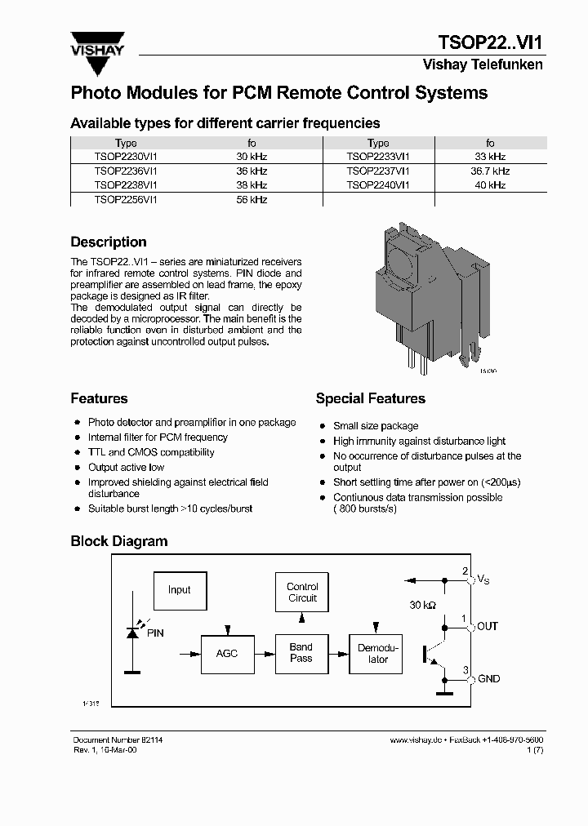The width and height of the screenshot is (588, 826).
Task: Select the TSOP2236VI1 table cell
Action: click(x=126, y=171)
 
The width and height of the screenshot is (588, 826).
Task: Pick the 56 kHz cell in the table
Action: click(x=252, y=199)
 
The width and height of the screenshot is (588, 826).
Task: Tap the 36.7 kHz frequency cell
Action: click(x=490, y=171)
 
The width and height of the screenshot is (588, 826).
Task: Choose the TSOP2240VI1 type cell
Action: click(x=378, y=185)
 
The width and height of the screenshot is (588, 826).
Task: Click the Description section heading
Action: click(x=109, y=242)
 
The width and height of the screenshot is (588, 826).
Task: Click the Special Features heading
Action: click(x=370, y=399)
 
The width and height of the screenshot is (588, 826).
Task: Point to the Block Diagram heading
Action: click(x=119, y=541)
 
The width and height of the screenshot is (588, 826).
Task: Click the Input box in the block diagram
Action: click(x=180, y=590)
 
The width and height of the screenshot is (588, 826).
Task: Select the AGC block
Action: click(x=227, y=654)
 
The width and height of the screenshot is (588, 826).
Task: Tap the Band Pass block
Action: click(x=301, y=653)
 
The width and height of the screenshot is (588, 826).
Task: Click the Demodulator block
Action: click(x=375, y=654)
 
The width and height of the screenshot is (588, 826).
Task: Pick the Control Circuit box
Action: click(x=302, y=593)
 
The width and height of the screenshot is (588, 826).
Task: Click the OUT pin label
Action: click(x=488, y=627)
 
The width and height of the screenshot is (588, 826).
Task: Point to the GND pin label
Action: click(x=488, y=679)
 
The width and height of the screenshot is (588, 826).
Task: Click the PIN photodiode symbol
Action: click(x=132, y=633)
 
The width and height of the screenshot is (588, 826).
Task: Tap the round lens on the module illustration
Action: click(x=400, y=267)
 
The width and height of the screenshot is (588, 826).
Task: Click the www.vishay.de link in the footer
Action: click(x=416, y=739)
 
